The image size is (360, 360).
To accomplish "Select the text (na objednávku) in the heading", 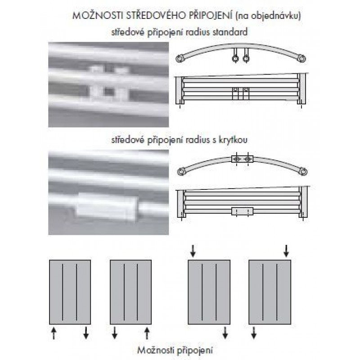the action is (268, 16).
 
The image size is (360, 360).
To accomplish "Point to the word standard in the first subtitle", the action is (230, 32).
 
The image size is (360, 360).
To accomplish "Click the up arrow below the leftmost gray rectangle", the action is (54, 333).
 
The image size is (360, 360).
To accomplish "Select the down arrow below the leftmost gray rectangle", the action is (86, 333).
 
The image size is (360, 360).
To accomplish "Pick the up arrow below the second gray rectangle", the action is (147, 333).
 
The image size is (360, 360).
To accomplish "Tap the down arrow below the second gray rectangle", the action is (115, 333).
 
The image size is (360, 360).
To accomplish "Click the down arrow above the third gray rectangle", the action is (193, 251).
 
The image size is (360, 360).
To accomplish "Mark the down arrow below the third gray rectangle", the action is (225, 333).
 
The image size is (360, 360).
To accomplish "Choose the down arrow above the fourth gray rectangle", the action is (286, 251).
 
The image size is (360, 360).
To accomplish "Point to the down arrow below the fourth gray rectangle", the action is (254, 333).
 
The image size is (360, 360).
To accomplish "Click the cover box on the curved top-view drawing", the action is (242, 159).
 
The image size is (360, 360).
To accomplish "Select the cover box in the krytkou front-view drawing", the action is (242, 211).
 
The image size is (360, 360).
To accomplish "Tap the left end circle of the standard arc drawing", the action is (179, 58).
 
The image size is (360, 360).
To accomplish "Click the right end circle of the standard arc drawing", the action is (302, 58).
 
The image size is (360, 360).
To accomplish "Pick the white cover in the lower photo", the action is (106, 207).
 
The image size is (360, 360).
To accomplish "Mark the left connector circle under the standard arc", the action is (235, 59).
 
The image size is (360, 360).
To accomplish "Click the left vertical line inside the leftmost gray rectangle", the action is (63, 292).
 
